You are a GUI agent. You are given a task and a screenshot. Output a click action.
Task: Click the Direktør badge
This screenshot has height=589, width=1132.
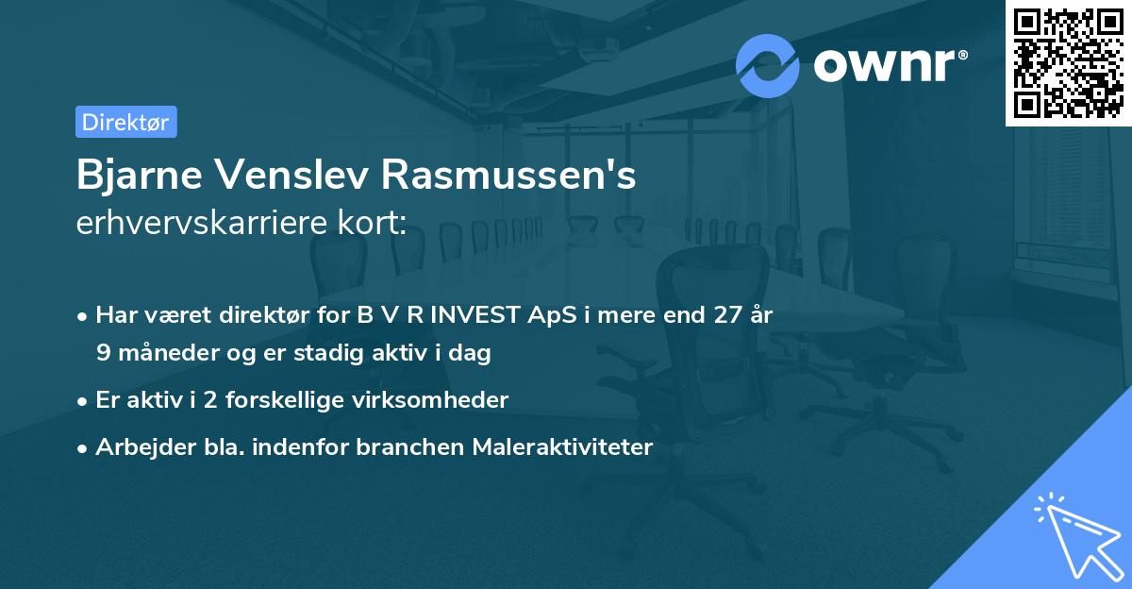point(125,122)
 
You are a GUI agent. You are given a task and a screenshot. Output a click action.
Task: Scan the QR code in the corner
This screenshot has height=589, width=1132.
point(1068,62)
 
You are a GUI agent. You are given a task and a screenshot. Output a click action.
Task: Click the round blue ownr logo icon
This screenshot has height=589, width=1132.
point(768,65)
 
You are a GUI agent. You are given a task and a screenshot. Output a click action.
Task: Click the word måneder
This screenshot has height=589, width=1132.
point(155,354)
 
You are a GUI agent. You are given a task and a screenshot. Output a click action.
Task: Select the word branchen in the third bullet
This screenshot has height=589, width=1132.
point(401,447)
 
